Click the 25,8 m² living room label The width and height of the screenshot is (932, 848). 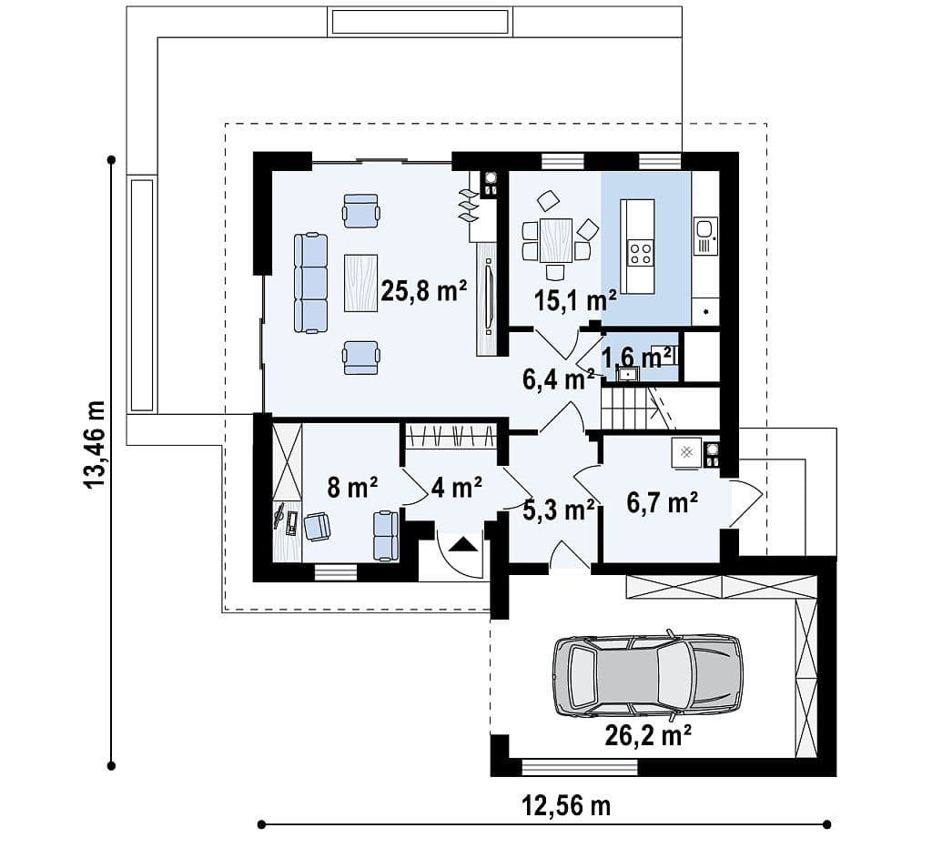pos(423,290)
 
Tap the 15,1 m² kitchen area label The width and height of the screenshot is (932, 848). pos(575,300)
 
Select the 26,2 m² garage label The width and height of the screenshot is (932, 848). pos(648,736)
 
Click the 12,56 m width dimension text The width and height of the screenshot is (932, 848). pos(566,806)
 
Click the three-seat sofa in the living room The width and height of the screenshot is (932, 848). pos(311,283)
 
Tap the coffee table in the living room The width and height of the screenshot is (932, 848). pos(360,283)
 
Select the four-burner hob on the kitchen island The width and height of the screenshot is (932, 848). pos(640,253)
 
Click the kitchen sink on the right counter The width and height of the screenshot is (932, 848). pos(705,236)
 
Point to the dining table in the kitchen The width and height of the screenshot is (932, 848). pos(556,241)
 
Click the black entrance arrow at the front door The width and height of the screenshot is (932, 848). pos(463,544)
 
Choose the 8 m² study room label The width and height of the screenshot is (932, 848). pos(352,488)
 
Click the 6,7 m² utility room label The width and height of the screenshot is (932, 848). pos(663,503)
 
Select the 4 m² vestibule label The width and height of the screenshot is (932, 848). pos(457,488)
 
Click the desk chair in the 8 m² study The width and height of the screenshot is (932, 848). pos(317,527)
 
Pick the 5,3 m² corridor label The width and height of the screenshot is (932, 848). pos(559,510)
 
